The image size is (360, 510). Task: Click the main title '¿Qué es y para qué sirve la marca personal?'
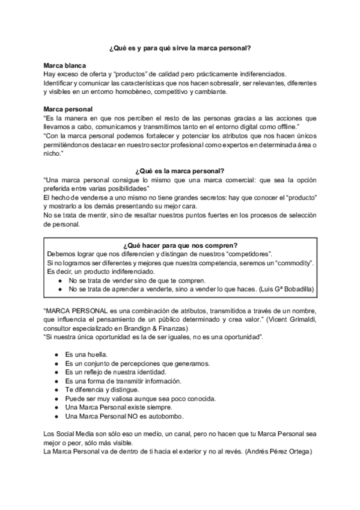tap(180, 47)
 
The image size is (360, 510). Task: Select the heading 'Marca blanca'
tap(64, 64)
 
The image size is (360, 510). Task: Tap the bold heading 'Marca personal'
tap(68, 109)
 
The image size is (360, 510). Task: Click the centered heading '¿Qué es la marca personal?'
tap(180, 171)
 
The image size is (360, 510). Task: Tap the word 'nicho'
tap(53, 154)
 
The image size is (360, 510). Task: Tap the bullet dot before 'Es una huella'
tap(55, 354)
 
